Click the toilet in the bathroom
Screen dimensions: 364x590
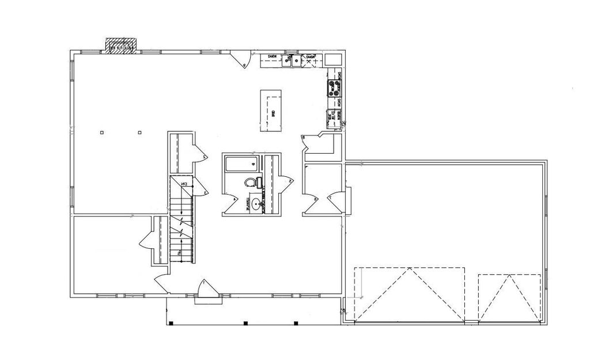click(250, 183)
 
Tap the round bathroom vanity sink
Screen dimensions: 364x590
click(255, 203)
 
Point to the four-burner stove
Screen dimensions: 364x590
click(334, 88)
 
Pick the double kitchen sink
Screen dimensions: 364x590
click(297, 60)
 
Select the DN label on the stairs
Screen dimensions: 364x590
click(186, 184)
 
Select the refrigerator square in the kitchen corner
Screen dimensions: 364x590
click(332, 60)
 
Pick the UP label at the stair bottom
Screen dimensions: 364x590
click(181, 252)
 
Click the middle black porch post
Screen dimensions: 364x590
click(245, 323)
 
